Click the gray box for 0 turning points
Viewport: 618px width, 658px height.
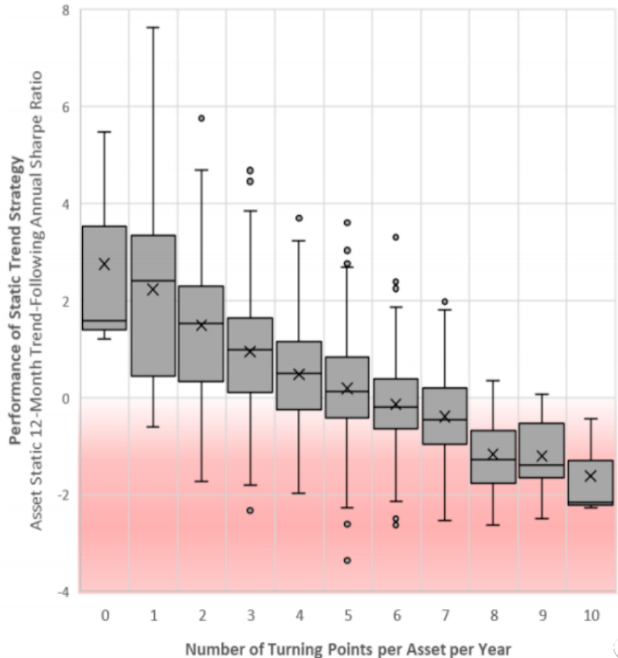(104, 296)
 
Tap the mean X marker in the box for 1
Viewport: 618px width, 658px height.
(153, 289)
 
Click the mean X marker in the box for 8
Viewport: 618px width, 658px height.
(493, 454)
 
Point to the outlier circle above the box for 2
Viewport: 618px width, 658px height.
(201, 118)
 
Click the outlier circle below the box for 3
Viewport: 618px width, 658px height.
(250, 511)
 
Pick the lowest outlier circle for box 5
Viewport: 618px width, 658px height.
(347, 560)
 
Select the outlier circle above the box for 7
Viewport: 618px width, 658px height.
(444, 301)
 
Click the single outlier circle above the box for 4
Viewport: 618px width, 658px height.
(299, 218)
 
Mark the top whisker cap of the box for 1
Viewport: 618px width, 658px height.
(153, 28)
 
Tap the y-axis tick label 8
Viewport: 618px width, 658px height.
(65, 10)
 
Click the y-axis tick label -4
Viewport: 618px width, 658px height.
(63, 592)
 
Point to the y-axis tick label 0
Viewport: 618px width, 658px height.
(65, 398)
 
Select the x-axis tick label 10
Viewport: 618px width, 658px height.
(590, 615)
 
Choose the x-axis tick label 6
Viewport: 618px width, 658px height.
(396, 615)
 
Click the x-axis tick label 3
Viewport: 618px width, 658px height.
(250, 615)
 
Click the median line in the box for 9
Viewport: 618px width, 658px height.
(542, 465)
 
